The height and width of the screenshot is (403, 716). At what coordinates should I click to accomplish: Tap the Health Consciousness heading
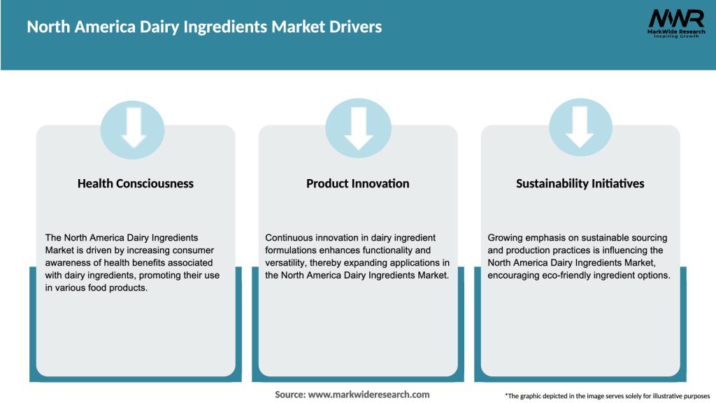click(x=136, y=183)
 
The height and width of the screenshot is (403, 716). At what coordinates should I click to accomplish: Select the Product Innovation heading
click(x=358, y=183)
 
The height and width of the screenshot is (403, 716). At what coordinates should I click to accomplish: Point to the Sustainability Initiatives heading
click(x=580, y=183)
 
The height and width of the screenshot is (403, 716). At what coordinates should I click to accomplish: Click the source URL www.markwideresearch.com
click(x=369, y=395)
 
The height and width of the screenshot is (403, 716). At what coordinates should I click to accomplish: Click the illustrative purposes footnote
click(x=607, y=396)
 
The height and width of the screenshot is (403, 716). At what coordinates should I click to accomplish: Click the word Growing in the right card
click(x=507, y=238)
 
